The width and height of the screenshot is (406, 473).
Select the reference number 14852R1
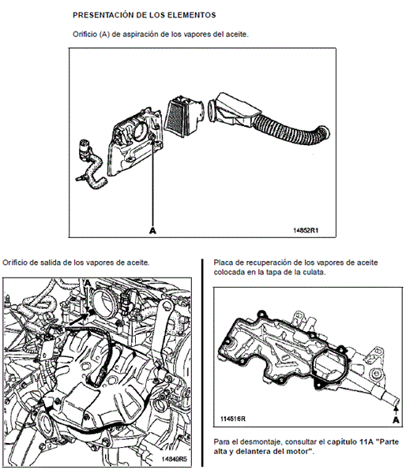click(x=306, y=230)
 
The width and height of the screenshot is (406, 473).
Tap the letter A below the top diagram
click(x=152, y=231)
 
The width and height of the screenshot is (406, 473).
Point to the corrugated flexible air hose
click(x=290, y=130)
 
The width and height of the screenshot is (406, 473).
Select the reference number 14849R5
click(x=174, y=459)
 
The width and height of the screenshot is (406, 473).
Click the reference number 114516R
click(x=233, y=419)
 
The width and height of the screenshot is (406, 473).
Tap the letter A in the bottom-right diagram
click(x=396, y=420)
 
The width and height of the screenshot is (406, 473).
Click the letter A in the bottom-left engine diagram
click(x=88, y=283)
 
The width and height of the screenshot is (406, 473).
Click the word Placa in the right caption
click(x=222, y=263)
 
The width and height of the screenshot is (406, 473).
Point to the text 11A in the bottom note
click(x=366, y=442)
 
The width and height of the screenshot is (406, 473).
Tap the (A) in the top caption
click(x=103, y=35)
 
